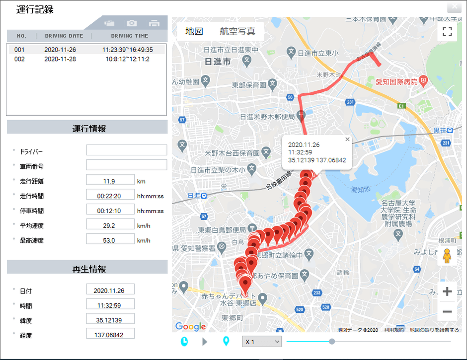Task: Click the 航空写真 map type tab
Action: pos(237,31)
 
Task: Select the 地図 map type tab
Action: pos(194,31)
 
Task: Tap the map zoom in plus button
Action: pos(447,291)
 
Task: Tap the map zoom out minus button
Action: pos(447,312)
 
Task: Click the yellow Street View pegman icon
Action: pos(447,256)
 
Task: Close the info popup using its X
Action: pos(347,140)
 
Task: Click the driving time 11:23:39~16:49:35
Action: pos(128,50)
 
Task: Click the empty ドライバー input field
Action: pos(126,150)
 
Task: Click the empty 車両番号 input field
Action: pos(126,165)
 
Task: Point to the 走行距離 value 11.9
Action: pos(110,181)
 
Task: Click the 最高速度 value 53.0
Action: pos(110,240)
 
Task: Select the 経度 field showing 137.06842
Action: pos(110,335)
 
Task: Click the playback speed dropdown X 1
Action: pos(261,342)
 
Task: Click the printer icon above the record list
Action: pos(154,23)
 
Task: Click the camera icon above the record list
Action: pos(131,23)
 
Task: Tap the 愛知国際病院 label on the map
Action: pos(396,81)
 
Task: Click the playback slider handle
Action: pos(332,341)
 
